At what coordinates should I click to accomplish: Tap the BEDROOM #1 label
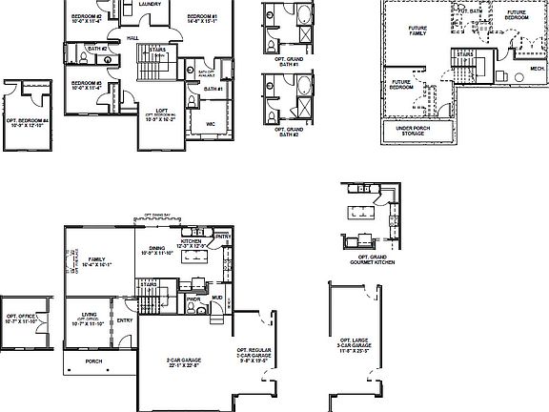[x=202, y=17]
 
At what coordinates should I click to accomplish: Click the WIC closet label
[x=210, y=123]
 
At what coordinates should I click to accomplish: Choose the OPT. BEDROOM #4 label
[x=27, y=122]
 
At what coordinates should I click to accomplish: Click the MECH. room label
[x=537, y=69]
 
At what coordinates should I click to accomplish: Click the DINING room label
[x=155, y=250]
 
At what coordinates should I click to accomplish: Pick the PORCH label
[x=93, y=361]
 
